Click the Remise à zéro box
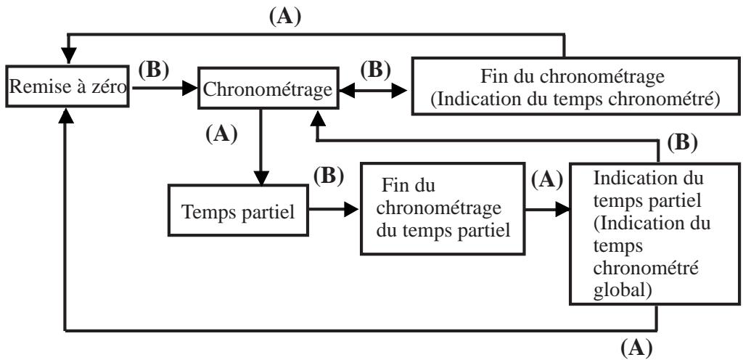(67, 86)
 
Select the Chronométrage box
(268, 88)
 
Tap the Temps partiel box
(238, 210)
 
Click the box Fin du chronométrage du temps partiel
(443, 209)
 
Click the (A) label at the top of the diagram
(284, 17)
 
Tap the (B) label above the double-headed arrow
(376, 70)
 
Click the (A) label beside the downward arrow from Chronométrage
(221, 134)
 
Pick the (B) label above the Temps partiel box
(329, 176)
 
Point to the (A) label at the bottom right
(636, 348)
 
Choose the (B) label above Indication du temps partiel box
(682, 143)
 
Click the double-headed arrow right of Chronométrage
(373, 90)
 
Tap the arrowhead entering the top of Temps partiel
(260, 177)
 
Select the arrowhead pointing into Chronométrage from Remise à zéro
(190, 88)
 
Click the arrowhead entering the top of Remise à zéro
(69, 55)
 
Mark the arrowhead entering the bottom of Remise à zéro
(66, 115)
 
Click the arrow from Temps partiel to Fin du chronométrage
(334, 209)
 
